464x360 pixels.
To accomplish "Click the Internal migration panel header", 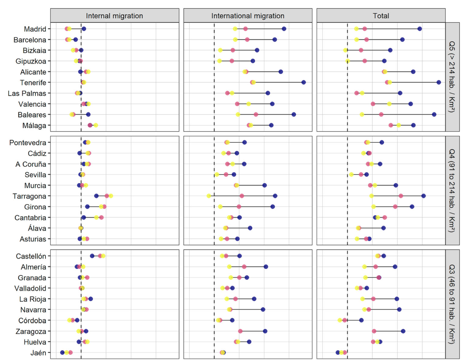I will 114,16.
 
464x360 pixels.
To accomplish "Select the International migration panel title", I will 248,16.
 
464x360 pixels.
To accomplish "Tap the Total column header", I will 381,16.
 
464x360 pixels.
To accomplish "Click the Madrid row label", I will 35,29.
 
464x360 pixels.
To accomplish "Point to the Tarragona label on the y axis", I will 29,196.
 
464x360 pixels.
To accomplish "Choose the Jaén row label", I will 38,353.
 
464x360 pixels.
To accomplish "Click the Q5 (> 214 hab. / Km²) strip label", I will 452,77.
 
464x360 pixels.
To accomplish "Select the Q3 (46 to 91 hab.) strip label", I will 452,304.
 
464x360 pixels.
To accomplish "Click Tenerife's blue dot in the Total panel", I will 439,82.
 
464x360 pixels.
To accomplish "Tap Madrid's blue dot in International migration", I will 284,29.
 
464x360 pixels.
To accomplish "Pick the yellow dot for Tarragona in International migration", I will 209,196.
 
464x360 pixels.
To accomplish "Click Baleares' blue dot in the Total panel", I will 434,114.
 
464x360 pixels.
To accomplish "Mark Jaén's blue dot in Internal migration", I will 62,352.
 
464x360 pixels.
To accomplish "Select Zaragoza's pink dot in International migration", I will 240,331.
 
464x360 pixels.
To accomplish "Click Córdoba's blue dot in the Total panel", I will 361,320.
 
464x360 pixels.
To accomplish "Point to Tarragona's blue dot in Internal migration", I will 96,196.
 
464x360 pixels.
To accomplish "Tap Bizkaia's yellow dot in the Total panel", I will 345,50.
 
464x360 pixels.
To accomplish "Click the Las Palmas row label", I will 27,93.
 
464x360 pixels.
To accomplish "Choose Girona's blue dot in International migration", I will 272,206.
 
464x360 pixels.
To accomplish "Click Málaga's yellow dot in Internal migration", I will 96,125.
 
